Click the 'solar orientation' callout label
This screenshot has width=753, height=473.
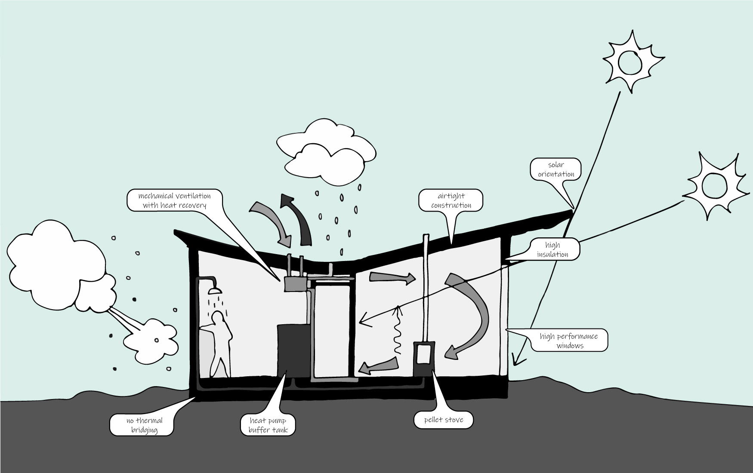coord(555,169)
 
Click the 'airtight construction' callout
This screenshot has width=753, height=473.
coord(451,200)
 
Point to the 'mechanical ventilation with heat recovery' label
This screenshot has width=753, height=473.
coord(174,200)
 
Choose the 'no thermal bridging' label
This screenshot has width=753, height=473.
coord(144,425)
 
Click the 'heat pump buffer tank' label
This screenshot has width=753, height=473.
coord(268,425)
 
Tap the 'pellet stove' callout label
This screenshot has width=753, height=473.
coord(444,420)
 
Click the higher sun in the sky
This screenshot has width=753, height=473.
coord(631,62)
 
